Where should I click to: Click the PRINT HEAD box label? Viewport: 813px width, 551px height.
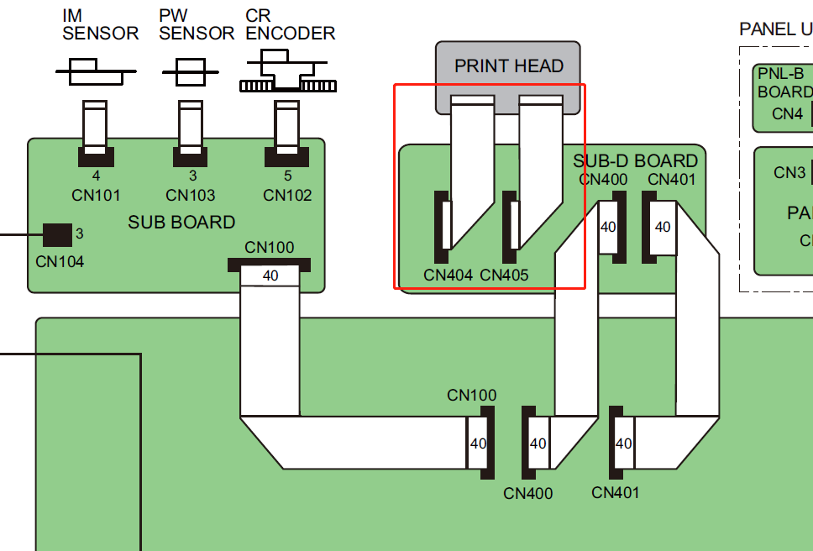[508, 66]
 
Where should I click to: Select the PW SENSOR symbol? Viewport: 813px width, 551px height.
[191, 71]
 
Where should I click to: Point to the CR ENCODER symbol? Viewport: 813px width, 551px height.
[287, 73]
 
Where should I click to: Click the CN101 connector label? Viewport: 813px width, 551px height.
[96, 196]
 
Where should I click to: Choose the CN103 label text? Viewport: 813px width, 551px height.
[191, 196]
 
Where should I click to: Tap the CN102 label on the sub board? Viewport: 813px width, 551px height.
[287, 196]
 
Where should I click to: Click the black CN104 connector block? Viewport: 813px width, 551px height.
[57, 235]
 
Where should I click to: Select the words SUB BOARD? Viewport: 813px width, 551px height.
[181, 223]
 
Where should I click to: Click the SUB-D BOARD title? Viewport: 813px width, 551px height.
[635, 160]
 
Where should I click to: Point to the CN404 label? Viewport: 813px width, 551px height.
[448, 275]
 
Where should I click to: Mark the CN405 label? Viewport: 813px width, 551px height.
[505, 275]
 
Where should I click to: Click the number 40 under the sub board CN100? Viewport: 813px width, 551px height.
[270, 275]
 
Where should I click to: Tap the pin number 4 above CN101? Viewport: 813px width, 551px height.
[96, 176]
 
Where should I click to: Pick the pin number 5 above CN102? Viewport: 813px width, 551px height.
[287, 176]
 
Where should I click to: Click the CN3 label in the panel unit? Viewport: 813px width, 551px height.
[789, 173]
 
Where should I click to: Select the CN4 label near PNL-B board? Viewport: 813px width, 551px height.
[787, 113]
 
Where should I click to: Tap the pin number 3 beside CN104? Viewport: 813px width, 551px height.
[80, 233]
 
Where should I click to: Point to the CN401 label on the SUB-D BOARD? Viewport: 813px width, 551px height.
[672, 179]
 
